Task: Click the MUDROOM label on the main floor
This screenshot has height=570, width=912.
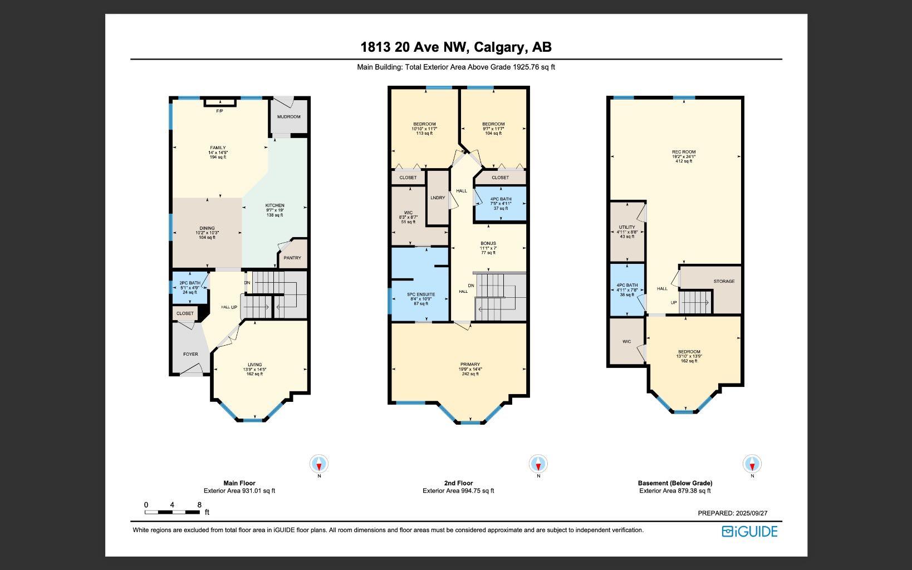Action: (288, 117)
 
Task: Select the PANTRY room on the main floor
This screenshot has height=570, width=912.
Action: (292, 258)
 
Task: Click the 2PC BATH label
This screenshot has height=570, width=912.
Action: (190, 283)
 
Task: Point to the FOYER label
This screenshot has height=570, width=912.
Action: (190, 354)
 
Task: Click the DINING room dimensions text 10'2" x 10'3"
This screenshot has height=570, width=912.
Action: (207, 233)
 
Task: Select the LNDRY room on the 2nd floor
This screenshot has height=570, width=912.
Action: (438, 198)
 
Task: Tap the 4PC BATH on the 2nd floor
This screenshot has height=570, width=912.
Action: (501, 199)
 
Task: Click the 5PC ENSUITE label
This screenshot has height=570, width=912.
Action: (421, 294)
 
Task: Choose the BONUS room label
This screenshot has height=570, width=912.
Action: (488, 243)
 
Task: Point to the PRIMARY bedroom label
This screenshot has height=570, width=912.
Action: (470, 365)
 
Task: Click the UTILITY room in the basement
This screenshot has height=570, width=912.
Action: (627, 228)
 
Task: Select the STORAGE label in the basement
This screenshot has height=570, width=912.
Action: (724, 282)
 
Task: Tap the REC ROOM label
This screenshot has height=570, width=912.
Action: (684, 152)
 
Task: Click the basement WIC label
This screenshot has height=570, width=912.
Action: (627, 342)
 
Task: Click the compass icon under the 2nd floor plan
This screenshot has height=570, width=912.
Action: (538, 464)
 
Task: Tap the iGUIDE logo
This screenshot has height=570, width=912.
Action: (749, 532)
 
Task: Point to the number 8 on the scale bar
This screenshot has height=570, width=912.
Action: (199, 505)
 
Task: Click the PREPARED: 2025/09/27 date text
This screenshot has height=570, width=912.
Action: (732, 513)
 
